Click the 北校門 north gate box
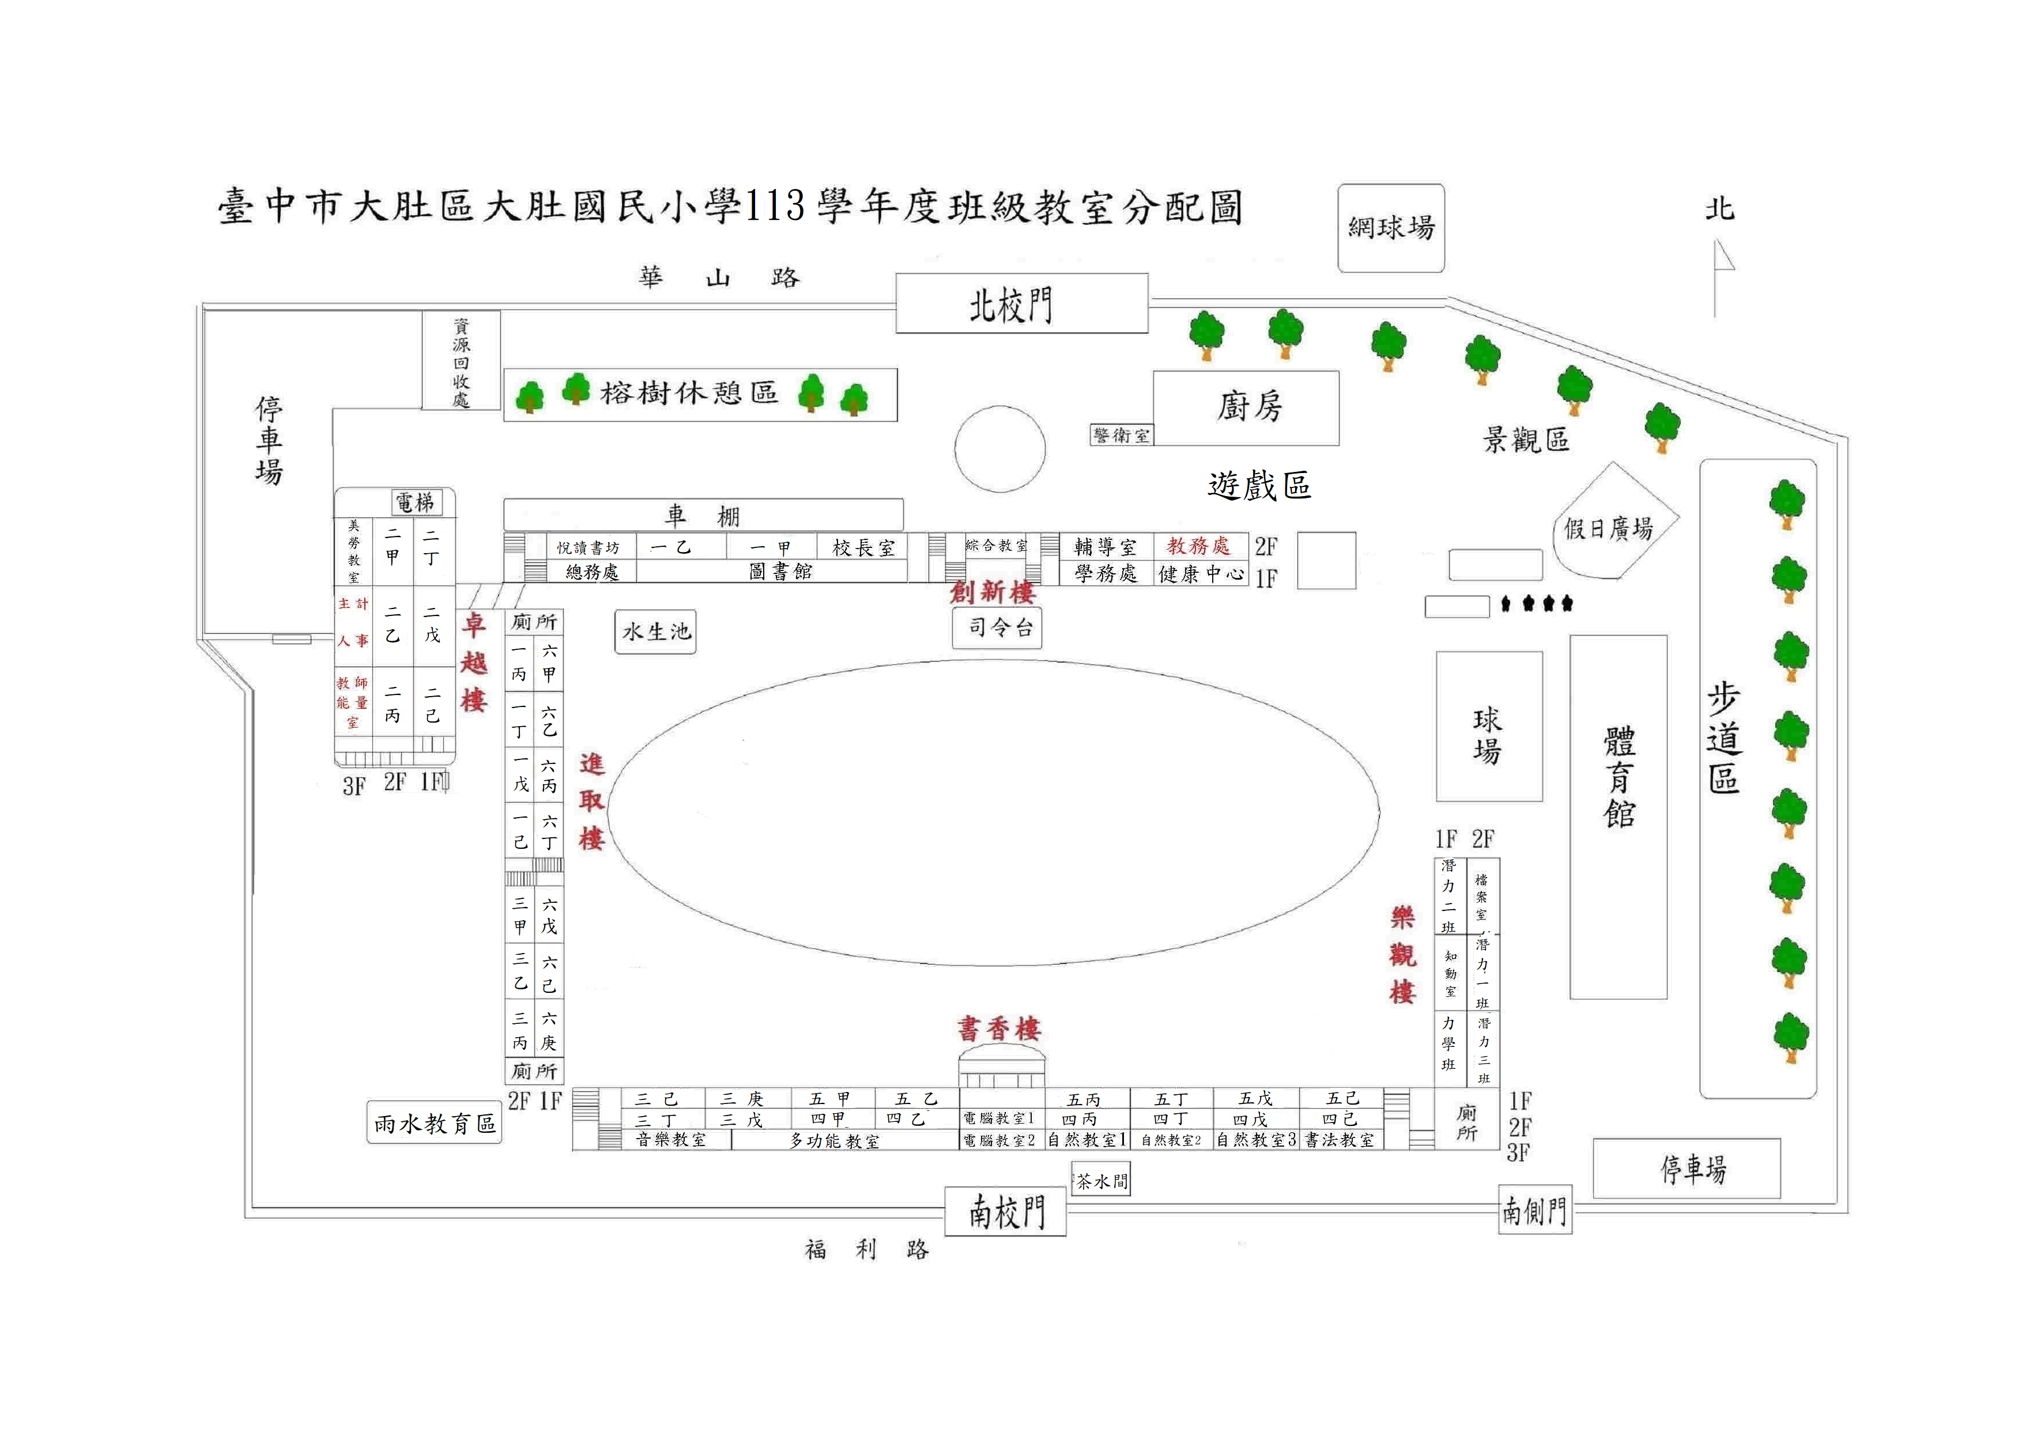(1021, 304)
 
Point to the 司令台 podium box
(997, 627)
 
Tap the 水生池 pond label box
(655, 632)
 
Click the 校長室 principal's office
(862, 547)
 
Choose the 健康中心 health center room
(1199, 574)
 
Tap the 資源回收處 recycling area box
(461, 361)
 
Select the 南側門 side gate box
(1534, 1210)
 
